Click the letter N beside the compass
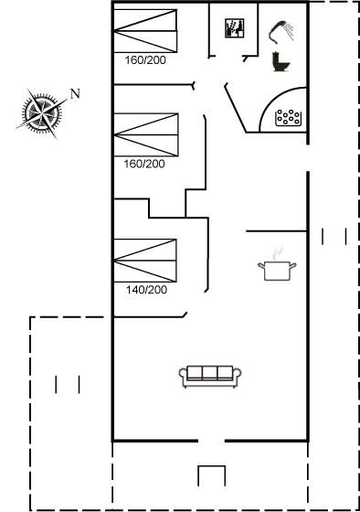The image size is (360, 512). (x=75, y=94)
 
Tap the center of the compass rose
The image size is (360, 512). (x=42, y=113)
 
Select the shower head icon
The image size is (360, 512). (x=281, y=32)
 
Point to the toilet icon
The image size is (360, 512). (x=281, y=61)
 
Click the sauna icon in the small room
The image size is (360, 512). (x=234, y=28)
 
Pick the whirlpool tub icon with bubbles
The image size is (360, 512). (x=288, y=118)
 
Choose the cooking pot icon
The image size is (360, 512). (x=277, y=271)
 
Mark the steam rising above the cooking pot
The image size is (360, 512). (x=278, y=252)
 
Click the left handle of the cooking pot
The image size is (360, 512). (x=261, y=265)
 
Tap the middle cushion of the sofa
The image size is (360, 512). (x=210, y=373)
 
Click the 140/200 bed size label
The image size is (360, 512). (x=146, y=290)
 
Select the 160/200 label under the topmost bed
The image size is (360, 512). (x=145, y=60)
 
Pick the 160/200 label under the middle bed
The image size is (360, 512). (x=144, y=164)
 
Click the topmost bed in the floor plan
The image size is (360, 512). (x=145, y=31)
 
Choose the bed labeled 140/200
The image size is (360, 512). (x=145, y=261)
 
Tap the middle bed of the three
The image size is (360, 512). (x=146, y=135)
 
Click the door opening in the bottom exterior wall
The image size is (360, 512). (x=211, y=441)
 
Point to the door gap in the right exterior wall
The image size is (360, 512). (x=308, y=157)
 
